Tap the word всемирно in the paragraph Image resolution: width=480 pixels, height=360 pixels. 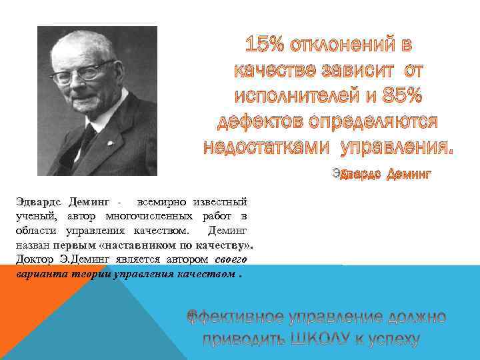click(x=162, y=201)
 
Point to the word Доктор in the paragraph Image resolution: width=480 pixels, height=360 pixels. click(x=33, y=260)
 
